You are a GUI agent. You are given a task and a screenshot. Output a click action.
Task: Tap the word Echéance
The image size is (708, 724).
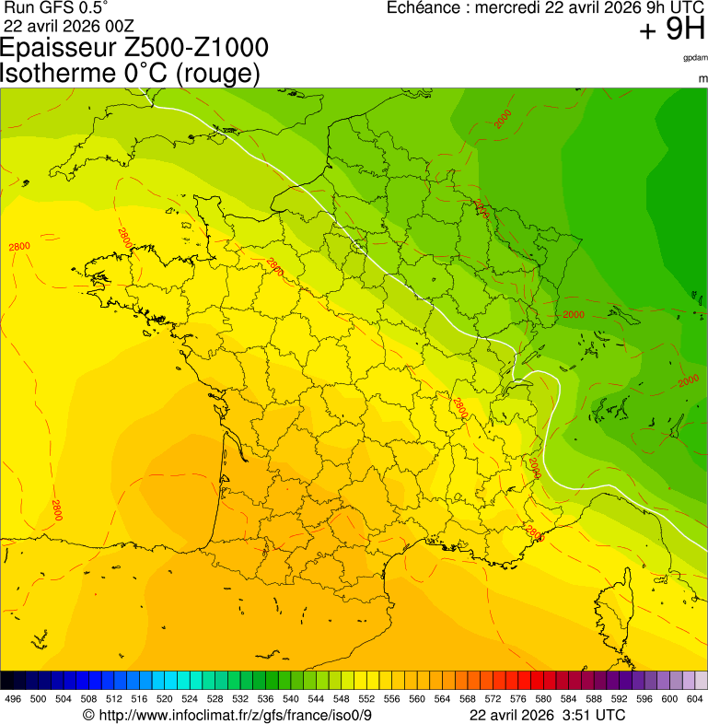tap(425, 7)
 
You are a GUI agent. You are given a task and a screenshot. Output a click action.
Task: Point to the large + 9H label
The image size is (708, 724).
tap(672, 30)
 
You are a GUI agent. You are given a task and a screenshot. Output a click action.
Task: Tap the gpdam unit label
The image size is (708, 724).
tap(695, 57)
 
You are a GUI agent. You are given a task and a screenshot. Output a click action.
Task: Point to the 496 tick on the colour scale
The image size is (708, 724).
tap(13, 699)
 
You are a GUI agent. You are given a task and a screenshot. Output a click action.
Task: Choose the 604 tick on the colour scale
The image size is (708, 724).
tap(694, 699)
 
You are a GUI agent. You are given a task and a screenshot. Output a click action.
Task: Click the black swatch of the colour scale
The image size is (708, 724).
tap(7, 680)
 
